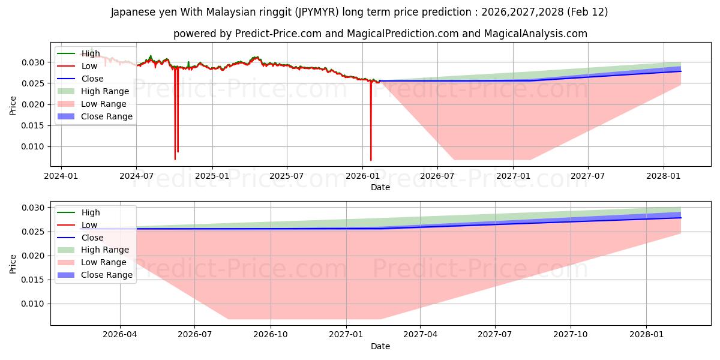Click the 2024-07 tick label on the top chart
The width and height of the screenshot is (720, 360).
coord(136,176)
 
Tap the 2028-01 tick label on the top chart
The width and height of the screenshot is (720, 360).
coord(663,176)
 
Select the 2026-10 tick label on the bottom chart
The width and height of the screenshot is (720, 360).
coord(271,335)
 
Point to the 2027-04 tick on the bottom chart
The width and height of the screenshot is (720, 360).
coord(420,335)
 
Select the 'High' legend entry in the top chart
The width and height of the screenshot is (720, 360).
coord(91,53)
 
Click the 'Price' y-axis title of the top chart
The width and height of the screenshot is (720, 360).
coord(13,104)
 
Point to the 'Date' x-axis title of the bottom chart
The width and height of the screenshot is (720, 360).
coord(380,346)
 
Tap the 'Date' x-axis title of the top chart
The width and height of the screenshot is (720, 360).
coord(380,187)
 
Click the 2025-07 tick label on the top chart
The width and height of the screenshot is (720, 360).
coord(286,176)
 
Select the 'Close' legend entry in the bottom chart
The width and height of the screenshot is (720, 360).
coord(92,238)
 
